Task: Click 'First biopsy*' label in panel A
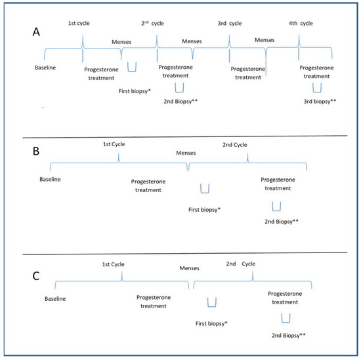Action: point(133,90)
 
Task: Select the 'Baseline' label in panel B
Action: point(50,179)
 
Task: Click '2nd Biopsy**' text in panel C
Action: point(287,335)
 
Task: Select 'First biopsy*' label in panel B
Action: point(205,209)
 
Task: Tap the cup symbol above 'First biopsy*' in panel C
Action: point(212,302)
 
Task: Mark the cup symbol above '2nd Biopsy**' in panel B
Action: point(277,207)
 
